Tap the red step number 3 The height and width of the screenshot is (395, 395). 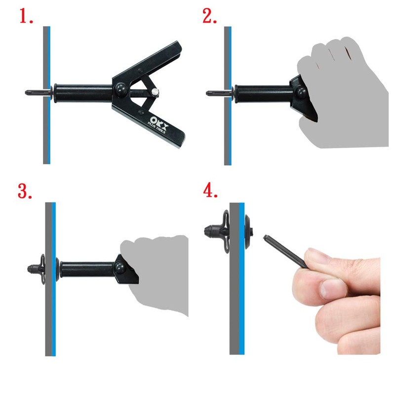pyautogui.click(x=25, y=191)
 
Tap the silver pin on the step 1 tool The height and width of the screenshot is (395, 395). pyautogui.click(x=156, y=92)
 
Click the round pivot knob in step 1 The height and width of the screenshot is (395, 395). pyautogui.click(x=120, y=89)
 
